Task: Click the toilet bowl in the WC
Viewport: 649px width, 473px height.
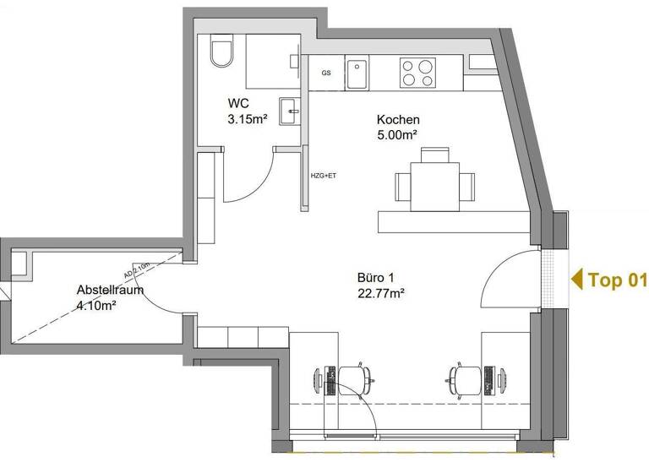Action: (222, 53)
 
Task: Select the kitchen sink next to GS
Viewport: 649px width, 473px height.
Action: (357, 73)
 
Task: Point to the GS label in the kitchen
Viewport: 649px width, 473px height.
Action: (326, 73)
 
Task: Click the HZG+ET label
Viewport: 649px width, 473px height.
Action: (324, 176)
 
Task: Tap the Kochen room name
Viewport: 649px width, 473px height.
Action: (398, 120)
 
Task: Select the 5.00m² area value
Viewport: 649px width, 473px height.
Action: (398, 134)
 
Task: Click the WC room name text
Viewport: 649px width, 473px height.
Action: (237, 104)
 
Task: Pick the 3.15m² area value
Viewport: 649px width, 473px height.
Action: (247, 119)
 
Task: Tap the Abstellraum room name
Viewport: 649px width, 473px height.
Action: (110, 290)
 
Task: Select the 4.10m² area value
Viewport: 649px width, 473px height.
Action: (95, 306)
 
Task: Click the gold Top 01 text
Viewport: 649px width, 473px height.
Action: (617, 280)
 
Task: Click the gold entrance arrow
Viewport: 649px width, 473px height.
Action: (577, 280)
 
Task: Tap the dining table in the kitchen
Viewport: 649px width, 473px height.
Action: (434, 187)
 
